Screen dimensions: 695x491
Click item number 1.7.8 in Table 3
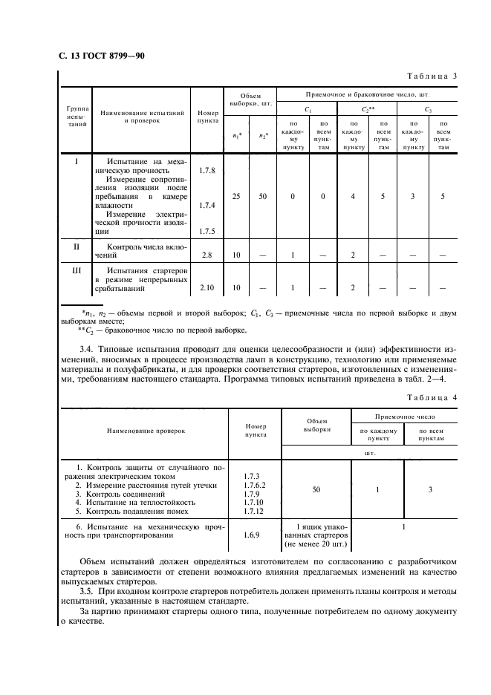[x=207, y=171]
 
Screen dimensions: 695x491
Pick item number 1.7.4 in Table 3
[x=207, y=205]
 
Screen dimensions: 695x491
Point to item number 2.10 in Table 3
[x=207, y=287]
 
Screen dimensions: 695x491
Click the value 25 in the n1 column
[x=236, y=197]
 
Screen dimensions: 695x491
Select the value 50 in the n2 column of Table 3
[x=263, y=197]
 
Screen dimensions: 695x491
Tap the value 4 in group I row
[x=354, y=197]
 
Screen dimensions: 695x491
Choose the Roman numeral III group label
[x=75, y=270]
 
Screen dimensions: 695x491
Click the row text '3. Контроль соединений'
[x=125, y=493]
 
